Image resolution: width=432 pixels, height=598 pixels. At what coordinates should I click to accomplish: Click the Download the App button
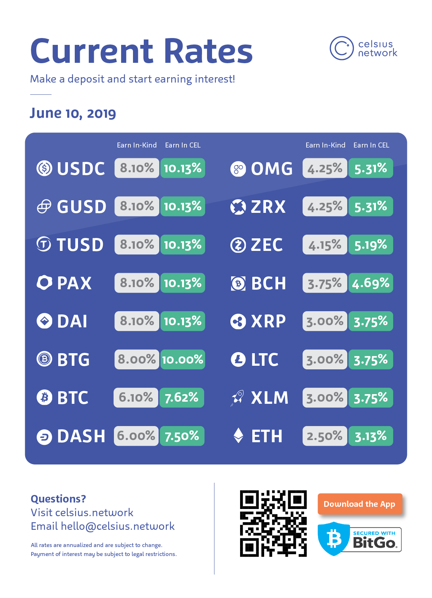359,504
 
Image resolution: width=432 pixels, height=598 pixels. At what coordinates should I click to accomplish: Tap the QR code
273,523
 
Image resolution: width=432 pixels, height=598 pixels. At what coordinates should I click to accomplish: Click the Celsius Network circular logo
341,48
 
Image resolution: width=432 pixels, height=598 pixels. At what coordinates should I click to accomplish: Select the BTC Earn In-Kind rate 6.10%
136,398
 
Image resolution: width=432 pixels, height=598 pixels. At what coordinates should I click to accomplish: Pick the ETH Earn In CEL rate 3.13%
371,436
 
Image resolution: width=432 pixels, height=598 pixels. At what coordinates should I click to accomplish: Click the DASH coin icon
45,437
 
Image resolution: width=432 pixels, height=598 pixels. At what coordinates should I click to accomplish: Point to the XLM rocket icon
237,398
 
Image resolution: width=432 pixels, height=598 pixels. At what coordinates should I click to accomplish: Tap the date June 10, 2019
73,113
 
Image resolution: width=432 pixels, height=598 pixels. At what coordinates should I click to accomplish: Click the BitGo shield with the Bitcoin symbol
334,538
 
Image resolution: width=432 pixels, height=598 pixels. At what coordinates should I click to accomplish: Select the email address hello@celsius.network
118,526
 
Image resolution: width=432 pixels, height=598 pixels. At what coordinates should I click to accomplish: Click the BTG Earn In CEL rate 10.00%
183,359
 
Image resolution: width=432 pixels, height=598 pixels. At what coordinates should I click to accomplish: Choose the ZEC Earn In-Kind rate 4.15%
325,245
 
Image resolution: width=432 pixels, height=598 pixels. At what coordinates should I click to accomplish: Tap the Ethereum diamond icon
238,436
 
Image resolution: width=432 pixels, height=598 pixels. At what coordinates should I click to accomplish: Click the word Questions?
58,499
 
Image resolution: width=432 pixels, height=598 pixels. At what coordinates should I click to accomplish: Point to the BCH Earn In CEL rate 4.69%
371,283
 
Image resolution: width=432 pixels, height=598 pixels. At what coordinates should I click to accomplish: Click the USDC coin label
81,168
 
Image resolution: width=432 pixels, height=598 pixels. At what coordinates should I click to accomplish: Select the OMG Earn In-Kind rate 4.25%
325,168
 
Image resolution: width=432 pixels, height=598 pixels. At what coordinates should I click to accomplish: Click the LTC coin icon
238,359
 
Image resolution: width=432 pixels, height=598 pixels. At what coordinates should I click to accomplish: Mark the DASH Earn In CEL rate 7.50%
182,436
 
